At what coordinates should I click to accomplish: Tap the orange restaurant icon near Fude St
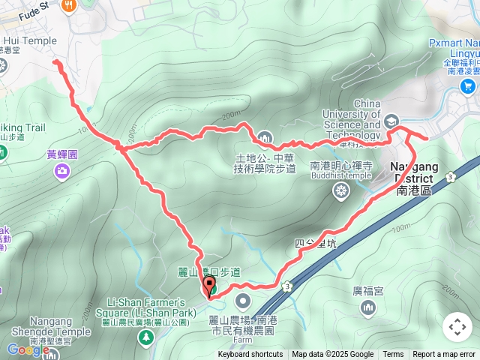(69, 5)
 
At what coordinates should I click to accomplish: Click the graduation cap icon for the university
(391, 121)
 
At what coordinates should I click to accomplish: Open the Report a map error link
(444, 355)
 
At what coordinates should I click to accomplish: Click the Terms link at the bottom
(393, 355)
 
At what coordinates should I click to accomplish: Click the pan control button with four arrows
(457, 327)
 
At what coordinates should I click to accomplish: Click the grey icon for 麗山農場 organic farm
(242, 301)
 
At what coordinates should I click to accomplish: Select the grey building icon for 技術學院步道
(265, 137)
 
